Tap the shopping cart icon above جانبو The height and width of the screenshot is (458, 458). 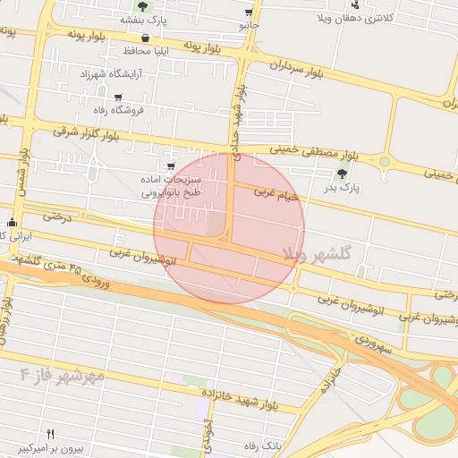click(248, 13)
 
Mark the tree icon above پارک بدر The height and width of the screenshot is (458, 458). click(341, 175)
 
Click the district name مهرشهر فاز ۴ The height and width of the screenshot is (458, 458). click(62, 372)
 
